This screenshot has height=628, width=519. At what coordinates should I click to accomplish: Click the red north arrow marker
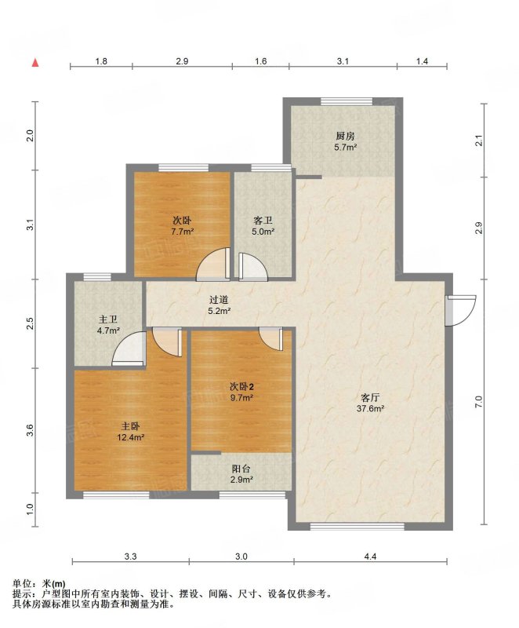tap(35, 63)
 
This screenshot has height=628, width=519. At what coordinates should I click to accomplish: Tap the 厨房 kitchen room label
tap(346, 136)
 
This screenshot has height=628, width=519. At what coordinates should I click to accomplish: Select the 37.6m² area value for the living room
tap(370, 409)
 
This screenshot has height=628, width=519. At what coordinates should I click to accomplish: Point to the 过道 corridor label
tap(219, 300)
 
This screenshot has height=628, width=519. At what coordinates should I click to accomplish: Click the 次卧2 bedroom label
tap(241, 387)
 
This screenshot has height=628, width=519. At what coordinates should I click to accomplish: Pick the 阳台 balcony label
tap(241, 469)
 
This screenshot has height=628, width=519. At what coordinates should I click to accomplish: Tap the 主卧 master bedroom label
tap(130, 426)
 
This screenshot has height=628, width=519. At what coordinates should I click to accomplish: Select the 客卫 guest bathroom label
tap(263, 221)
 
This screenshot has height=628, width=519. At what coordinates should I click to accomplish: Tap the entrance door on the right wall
tap(461, 310)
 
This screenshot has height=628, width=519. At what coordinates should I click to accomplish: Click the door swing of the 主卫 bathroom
tap(129, 349)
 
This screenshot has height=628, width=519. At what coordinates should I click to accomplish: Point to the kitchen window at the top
tap(347, 102)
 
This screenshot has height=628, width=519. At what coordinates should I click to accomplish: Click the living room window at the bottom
tap(357, 526)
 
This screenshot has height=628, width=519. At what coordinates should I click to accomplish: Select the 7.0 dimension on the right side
tap(479, 402)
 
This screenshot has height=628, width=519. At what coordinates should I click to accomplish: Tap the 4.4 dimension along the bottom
tap(371, 557)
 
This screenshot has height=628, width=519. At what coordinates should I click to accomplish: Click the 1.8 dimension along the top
tap(101, 61)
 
